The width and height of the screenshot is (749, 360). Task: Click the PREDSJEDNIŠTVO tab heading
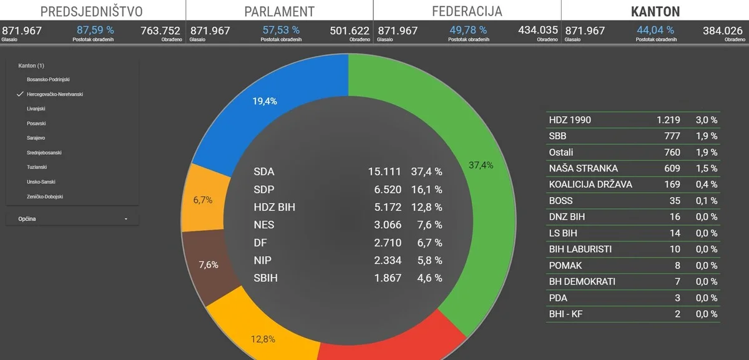click(91, 11)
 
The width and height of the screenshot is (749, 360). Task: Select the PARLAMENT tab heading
click(279, 11)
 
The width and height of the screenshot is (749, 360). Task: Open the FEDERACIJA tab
click(467, 11)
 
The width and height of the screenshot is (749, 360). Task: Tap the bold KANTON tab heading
click(655, 11)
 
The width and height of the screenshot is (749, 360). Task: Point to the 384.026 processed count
click(723, 30)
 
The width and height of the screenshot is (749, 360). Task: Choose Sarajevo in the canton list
click(36, 138)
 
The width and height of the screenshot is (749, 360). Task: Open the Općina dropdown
click(72, 219)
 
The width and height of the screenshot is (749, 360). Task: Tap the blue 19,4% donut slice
click(275, 106)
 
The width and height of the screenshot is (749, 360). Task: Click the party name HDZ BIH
click(275, 207)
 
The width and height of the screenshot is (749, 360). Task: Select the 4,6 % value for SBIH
click(426, 278)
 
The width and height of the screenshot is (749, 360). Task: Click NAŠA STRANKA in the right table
click(583, 168)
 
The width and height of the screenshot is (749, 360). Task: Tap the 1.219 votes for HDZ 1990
click(668, 120)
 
